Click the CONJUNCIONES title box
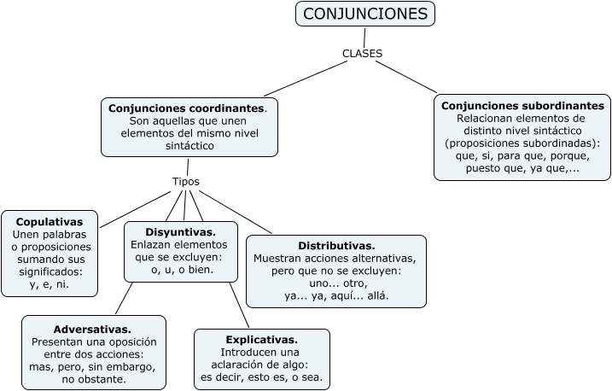(x=365, y=15)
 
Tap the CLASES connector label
(x=362, y=53)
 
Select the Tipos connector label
(x=186, y=182)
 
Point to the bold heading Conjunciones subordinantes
(x=522, y=105)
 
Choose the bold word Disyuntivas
(x=180, y=231)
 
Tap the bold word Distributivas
(x=336, y=245)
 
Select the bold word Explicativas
(x=261, y=339)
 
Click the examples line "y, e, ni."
(x=48, y=284)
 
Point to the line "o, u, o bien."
(x=180, y=270)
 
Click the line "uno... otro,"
(x=336, y=283)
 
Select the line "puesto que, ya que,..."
(x=522, y=169)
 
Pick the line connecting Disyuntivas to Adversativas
(x=124, y=299)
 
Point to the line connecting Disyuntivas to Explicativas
(x=238, y=305)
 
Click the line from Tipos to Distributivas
(x=235, y=211)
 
